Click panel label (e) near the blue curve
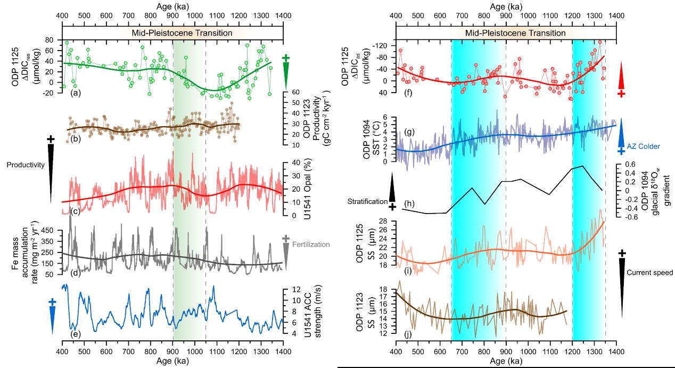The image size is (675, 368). [x=75, y=334]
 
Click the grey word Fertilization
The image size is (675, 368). [x=312, y=244]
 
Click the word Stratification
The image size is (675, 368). [x=366, y=201]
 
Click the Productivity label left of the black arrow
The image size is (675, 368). [x=24, y=165]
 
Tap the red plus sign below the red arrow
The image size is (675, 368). [x=621, y=94]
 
